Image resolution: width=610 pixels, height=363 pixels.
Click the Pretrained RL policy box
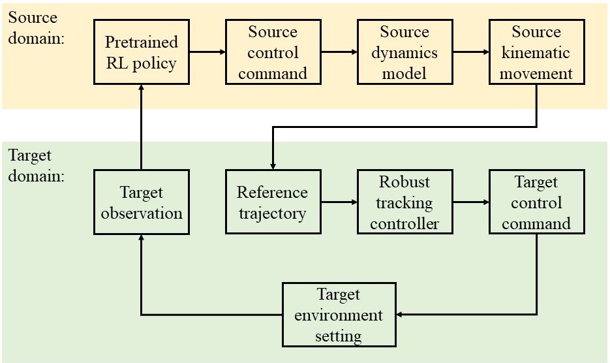pyautogui.click(x=142, y=52)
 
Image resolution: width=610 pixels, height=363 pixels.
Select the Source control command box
pyautogui.click(x=273, y=52)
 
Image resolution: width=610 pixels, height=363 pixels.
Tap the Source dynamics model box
pyautogui.click(x=405, y=52)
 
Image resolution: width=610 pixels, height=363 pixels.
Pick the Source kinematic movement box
pyautogui.click(x=537, y=52)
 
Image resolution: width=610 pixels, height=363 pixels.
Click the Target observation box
pyautogui.click(x=142, y=202)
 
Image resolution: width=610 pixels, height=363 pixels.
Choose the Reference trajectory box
pyautogui.click(x=273, y=202)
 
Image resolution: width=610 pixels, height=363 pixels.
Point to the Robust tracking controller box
pyautogui.click(x=405, y=202)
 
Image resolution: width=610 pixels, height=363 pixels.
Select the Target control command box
pyautogui.click(x=537, y=202)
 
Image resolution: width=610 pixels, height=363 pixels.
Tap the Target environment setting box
pyautogui.click(x=339, y=315)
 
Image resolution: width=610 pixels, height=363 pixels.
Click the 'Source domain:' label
pyautogui.click(x=36, y=28)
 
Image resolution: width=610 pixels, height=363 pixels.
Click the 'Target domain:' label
pyautogui.click(x=36, y=166)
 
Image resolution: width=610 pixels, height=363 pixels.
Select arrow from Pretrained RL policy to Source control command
pyautogui.click(x=207, y=52)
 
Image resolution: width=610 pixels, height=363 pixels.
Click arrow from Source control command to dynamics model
pyautogui.click(x=339, y=52)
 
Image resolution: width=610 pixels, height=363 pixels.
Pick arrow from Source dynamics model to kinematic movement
pyautogui.click(x=471, y=52)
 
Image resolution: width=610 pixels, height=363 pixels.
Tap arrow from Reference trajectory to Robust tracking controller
pyautogui.click(x=339, y=202)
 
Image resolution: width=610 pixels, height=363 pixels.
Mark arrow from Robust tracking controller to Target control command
pyautogui.click(x=471, y=202)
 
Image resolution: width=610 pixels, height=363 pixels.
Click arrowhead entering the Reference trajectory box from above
pyautogui.click(x=273, y=166)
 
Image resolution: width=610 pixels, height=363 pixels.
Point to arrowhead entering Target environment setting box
pyautogui.click(x=399, y=314)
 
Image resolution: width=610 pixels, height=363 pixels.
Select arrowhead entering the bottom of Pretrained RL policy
pyautogui.click(x=141, y=87)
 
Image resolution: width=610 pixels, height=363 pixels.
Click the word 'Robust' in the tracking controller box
pyautogui.click(x=404, y=181)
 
